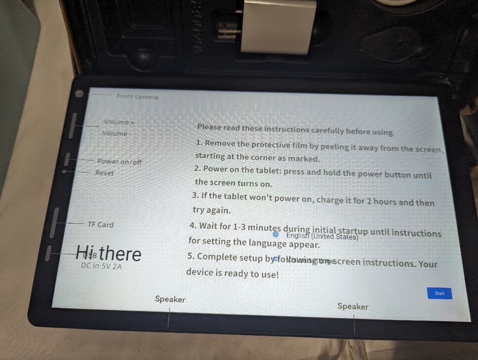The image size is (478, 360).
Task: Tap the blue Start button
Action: click(439, 293)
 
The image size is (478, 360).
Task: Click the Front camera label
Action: click(137, 97)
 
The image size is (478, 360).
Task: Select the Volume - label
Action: click(115, 133)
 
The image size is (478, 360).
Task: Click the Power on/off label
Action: click(119, 162)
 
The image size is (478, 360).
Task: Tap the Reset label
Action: click(104, 173)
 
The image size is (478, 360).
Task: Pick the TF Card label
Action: click(100, 225)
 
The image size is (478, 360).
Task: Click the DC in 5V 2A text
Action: click(101, 266)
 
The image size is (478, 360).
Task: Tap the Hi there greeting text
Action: click(108, 253)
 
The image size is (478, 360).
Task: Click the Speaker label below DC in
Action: click(170, 299)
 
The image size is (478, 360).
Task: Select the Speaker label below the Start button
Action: click(352, 306)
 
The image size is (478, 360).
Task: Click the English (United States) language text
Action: click(322, 236)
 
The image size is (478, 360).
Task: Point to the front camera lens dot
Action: click(79, 94)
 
